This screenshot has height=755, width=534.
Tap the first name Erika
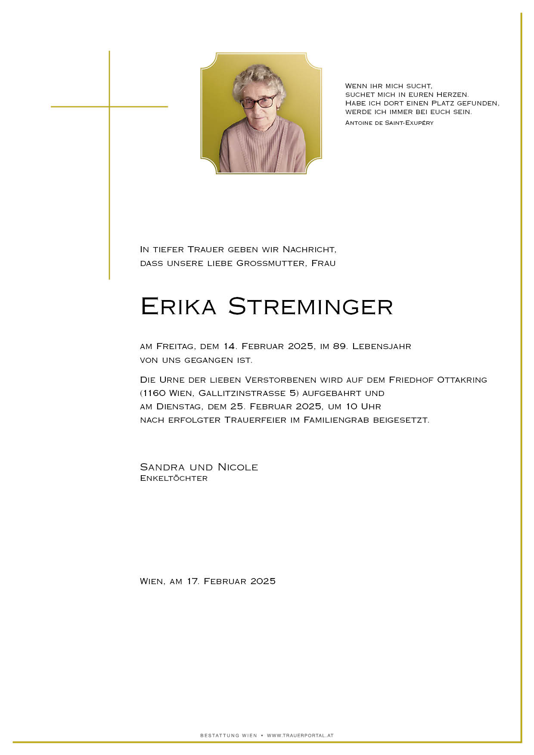178,306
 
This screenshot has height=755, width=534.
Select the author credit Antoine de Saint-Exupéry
389,123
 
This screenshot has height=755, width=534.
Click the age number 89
340,346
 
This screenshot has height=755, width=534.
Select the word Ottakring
462,380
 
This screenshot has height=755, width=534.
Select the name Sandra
162,467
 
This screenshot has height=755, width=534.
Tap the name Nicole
238,467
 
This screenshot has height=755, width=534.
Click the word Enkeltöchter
174,478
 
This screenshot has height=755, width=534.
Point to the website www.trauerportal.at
300,736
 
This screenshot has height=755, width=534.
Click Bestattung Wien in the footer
228,736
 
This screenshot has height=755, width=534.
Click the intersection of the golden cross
109,106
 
